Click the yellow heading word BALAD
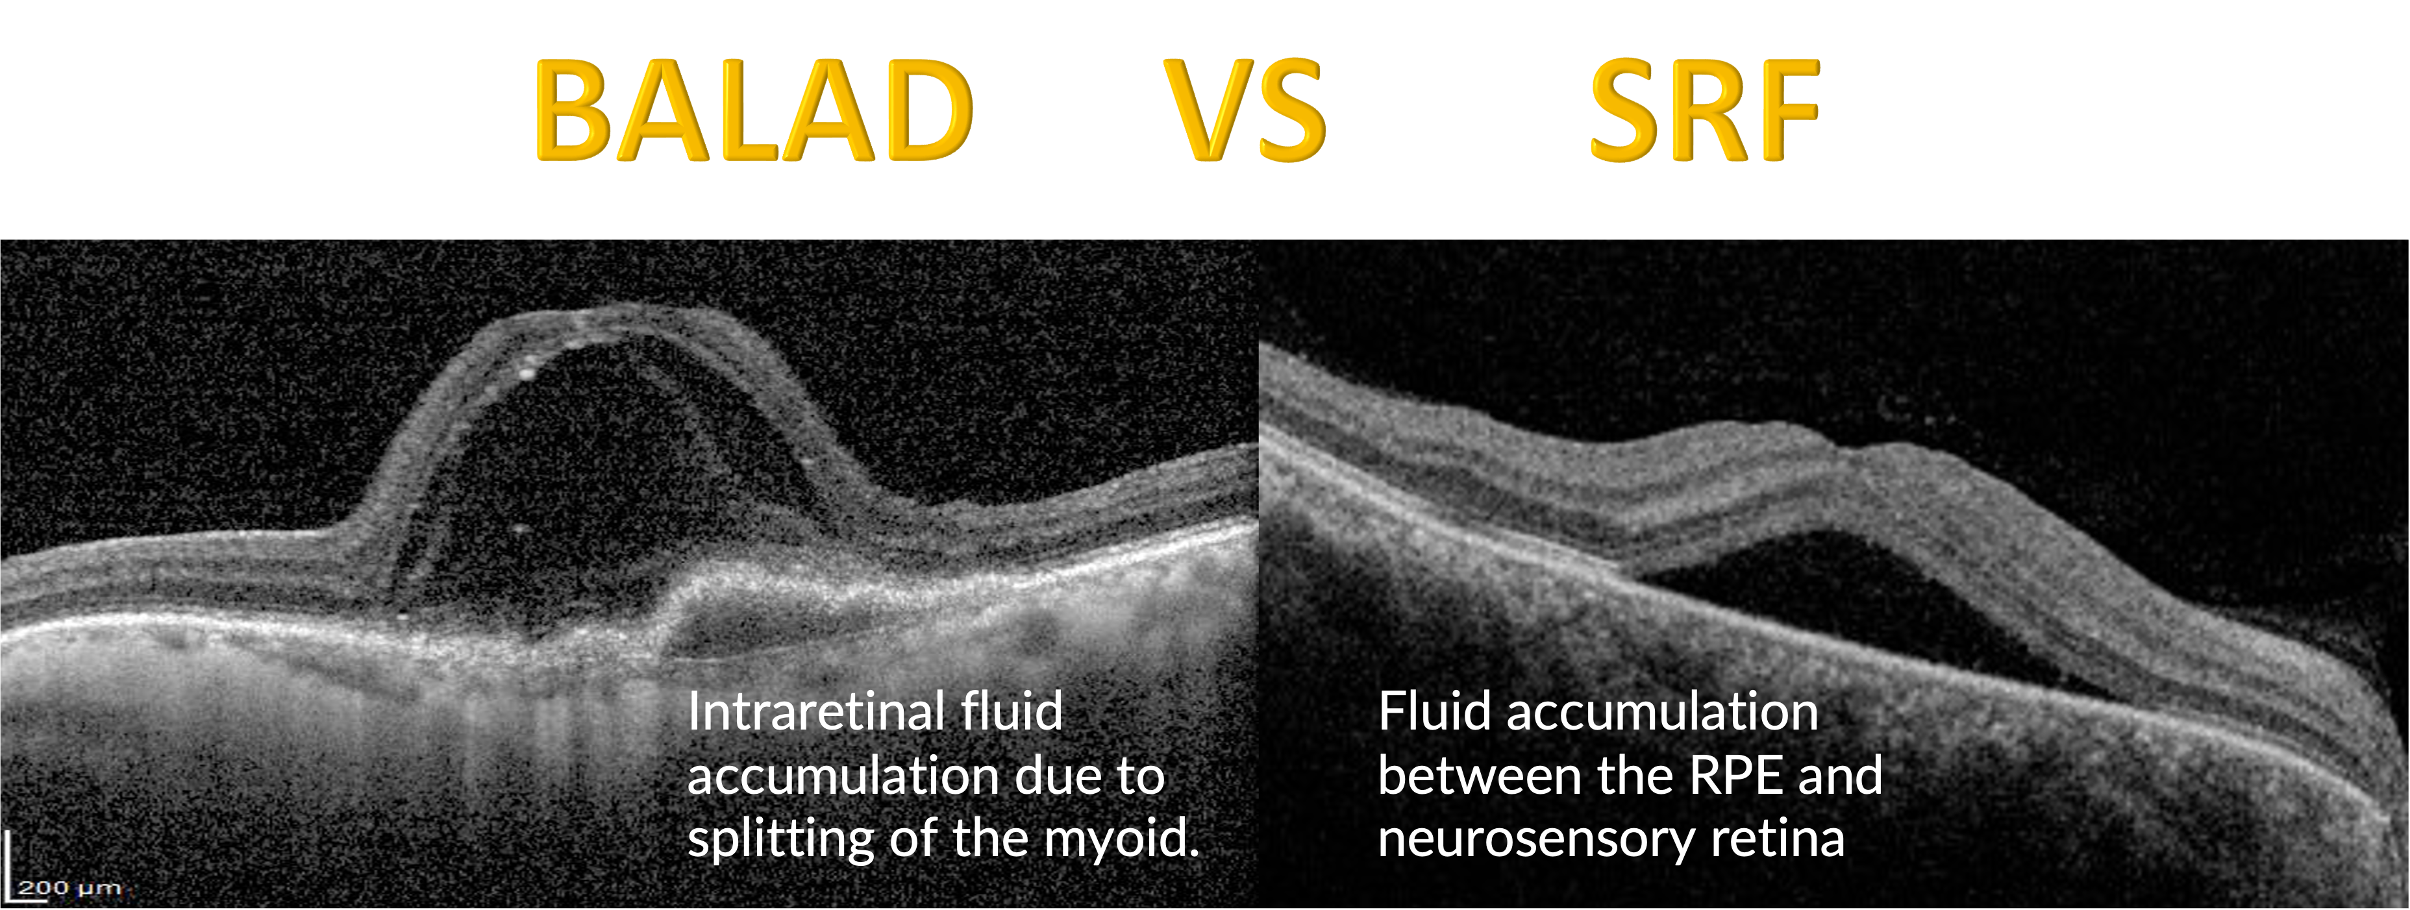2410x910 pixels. (753, 110)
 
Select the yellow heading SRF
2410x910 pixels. (1704, 110)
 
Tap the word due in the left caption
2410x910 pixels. (1049, 776)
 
